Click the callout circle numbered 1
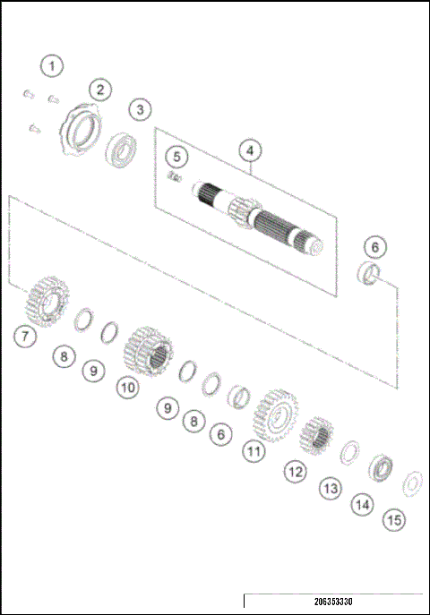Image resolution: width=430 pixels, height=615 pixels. pos(53,66)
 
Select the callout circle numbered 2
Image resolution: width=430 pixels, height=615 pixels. pos(99,90)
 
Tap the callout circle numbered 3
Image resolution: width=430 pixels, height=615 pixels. pos(138,110)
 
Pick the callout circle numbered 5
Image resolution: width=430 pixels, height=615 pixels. pos(176,157)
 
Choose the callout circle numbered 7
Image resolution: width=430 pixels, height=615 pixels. pos(24,337)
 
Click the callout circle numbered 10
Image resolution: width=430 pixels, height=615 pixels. pos(126,388)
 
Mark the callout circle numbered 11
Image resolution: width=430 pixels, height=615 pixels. pos(255,451)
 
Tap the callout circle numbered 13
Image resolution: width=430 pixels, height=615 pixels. pos(331,489)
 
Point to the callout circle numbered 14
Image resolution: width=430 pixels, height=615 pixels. pos(362,505)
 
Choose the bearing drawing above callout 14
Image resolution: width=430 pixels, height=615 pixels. pos(382,468)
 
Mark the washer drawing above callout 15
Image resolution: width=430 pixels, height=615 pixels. pos(413,483)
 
